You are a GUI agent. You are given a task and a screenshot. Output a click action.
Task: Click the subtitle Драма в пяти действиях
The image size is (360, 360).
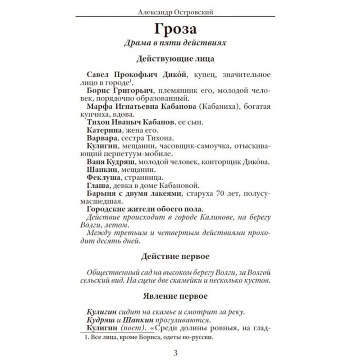(x=175, y=44)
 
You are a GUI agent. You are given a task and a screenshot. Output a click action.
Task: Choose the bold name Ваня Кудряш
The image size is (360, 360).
(x=108, y=162)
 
